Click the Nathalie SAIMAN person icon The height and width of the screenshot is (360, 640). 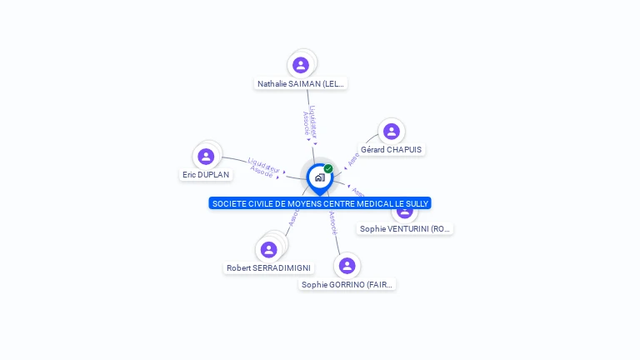301,65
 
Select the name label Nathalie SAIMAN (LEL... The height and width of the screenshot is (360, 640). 300,83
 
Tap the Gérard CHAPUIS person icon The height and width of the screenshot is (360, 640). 391,131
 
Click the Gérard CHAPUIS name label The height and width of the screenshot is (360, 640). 391,150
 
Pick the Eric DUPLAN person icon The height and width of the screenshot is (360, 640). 206,156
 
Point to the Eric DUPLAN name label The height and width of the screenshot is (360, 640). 206,175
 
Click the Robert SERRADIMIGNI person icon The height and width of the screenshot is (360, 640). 268,249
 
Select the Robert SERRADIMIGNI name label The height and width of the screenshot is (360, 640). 268,268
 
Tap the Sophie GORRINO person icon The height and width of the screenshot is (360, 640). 347,266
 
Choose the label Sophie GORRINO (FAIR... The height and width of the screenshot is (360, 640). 347,284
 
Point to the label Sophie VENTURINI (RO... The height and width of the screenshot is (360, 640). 406,228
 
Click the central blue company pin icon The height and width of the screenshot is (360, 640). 319,177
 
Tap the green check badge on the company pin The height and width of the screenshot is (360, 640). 328,169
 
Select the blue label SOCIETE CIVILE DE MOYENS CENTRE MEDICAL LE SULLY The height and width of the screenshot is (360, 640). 320,203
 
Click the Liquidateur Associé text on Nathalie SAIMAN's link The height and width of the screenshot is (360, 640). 309,121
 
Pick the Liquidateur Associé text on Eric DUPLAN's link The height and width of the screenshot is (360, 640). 262,167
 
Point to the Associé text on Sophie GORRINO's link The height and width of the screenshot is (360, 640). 333,223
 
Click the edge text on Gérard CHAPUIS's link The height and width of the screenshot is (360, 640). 354,158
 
